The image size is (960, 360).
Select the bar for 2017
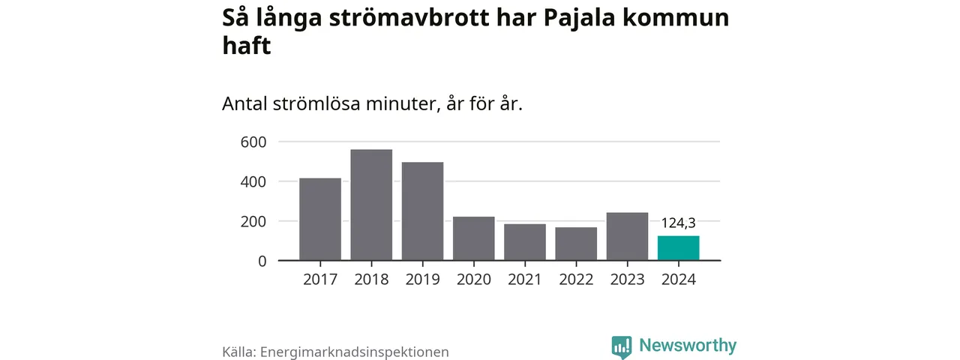320,219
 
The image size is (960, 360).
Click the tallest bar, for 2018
371,205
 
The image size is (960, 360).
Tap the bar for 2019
422,211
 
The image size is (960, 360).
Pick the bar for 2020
474,238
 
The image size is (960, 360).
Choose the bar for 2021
525,242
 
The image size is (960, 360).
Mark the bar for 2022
576,244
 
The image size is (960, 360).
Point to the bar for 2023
627,236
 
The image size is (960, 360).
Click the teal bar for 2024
678,248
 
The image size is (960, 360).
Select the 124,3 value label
678,223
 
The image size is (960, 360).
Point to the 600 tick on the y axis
253,142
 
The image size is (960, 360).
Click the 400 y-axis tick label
253,181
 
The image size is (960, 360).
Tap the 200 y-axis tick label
253,221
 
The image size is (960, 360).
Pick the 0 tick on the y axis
262,261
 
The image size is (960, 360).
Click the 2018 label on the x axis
371,280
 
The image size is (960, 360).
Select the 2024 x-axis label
678,280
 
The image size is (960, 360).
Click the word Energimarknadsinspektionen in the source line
354,351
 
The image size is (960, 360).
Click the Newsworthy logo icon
622,346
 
